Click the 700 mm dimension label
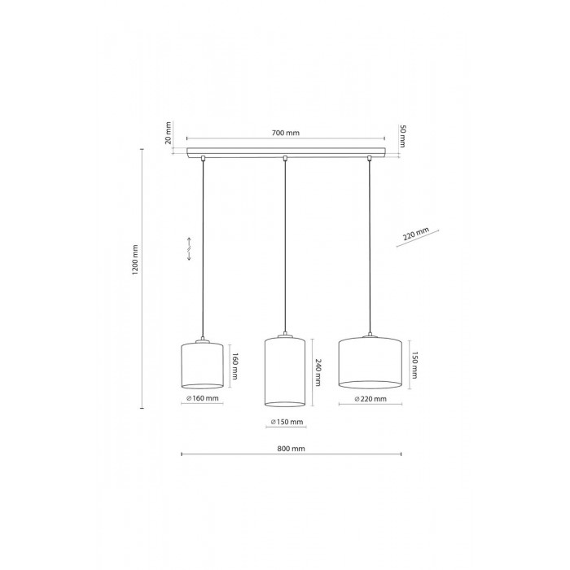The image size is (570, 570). [285, 133]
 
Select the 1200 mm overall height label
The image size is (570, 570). [135, 260]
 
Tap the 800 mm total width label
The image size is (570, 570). [292, 449]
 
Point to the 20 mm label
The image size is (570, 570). [168, 133]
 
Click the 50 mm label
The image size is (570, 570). [403, 136]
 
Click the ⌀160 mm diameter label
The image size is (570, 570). [203, 398]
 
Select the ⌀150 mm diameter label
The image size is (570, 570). [287, 422]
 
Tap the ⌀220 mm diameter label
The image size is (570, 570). [370, 399]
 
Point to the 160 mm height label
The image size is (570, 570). [235, 366]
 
